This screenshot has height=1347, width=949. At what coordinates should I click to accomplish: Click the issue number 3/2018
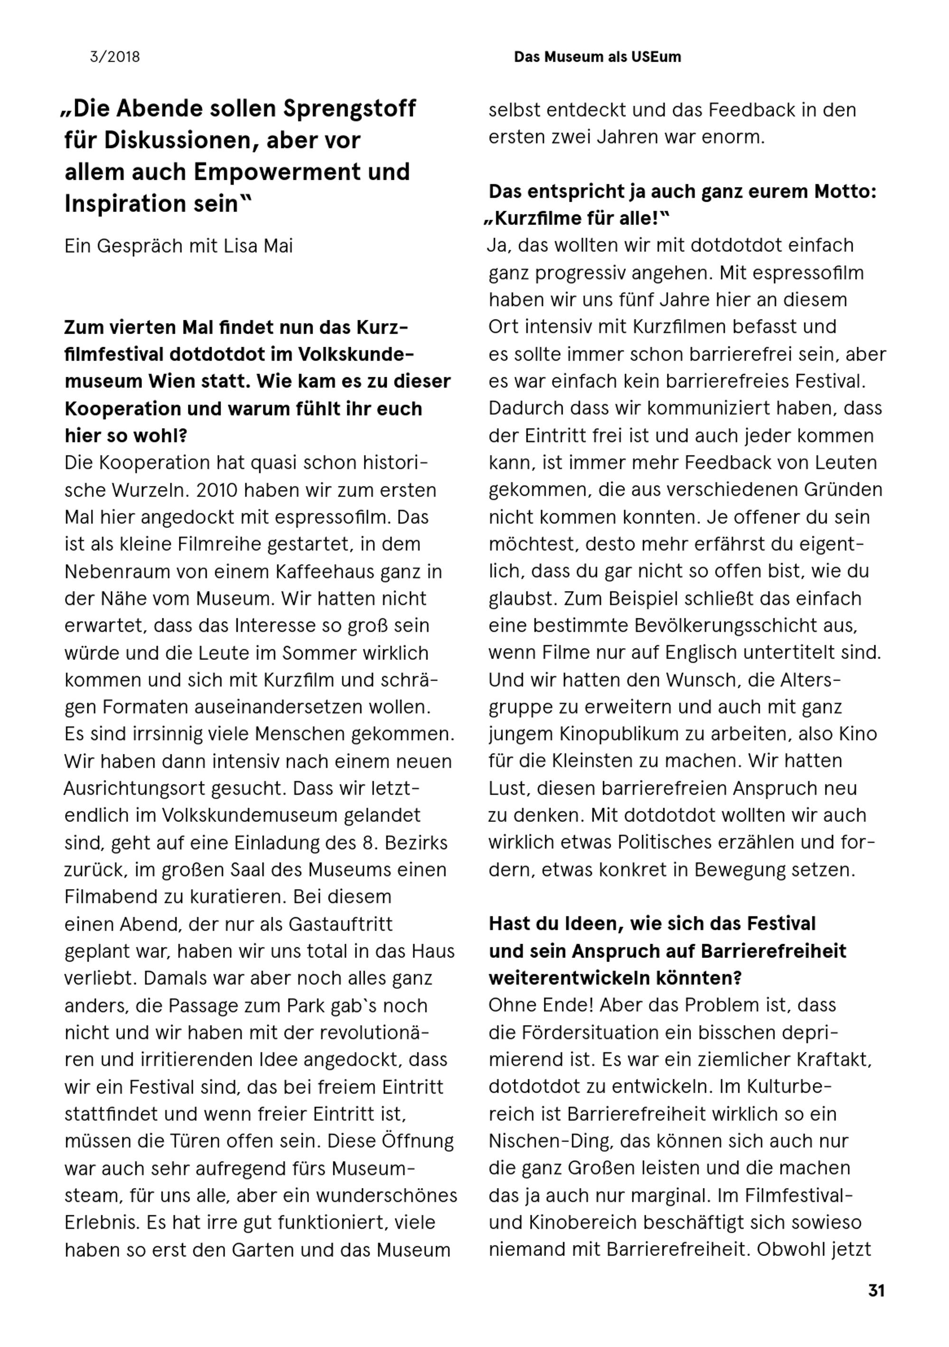(114, 57)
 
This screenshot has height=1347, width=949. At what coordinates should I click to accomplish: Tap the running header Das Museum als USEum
(597, 57)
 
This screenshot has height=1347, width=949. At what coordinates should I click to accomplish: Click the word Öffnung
(419, 1141)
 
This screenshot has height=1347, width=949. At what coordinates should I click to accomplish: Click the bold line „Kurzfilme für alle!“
(577, 219)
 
